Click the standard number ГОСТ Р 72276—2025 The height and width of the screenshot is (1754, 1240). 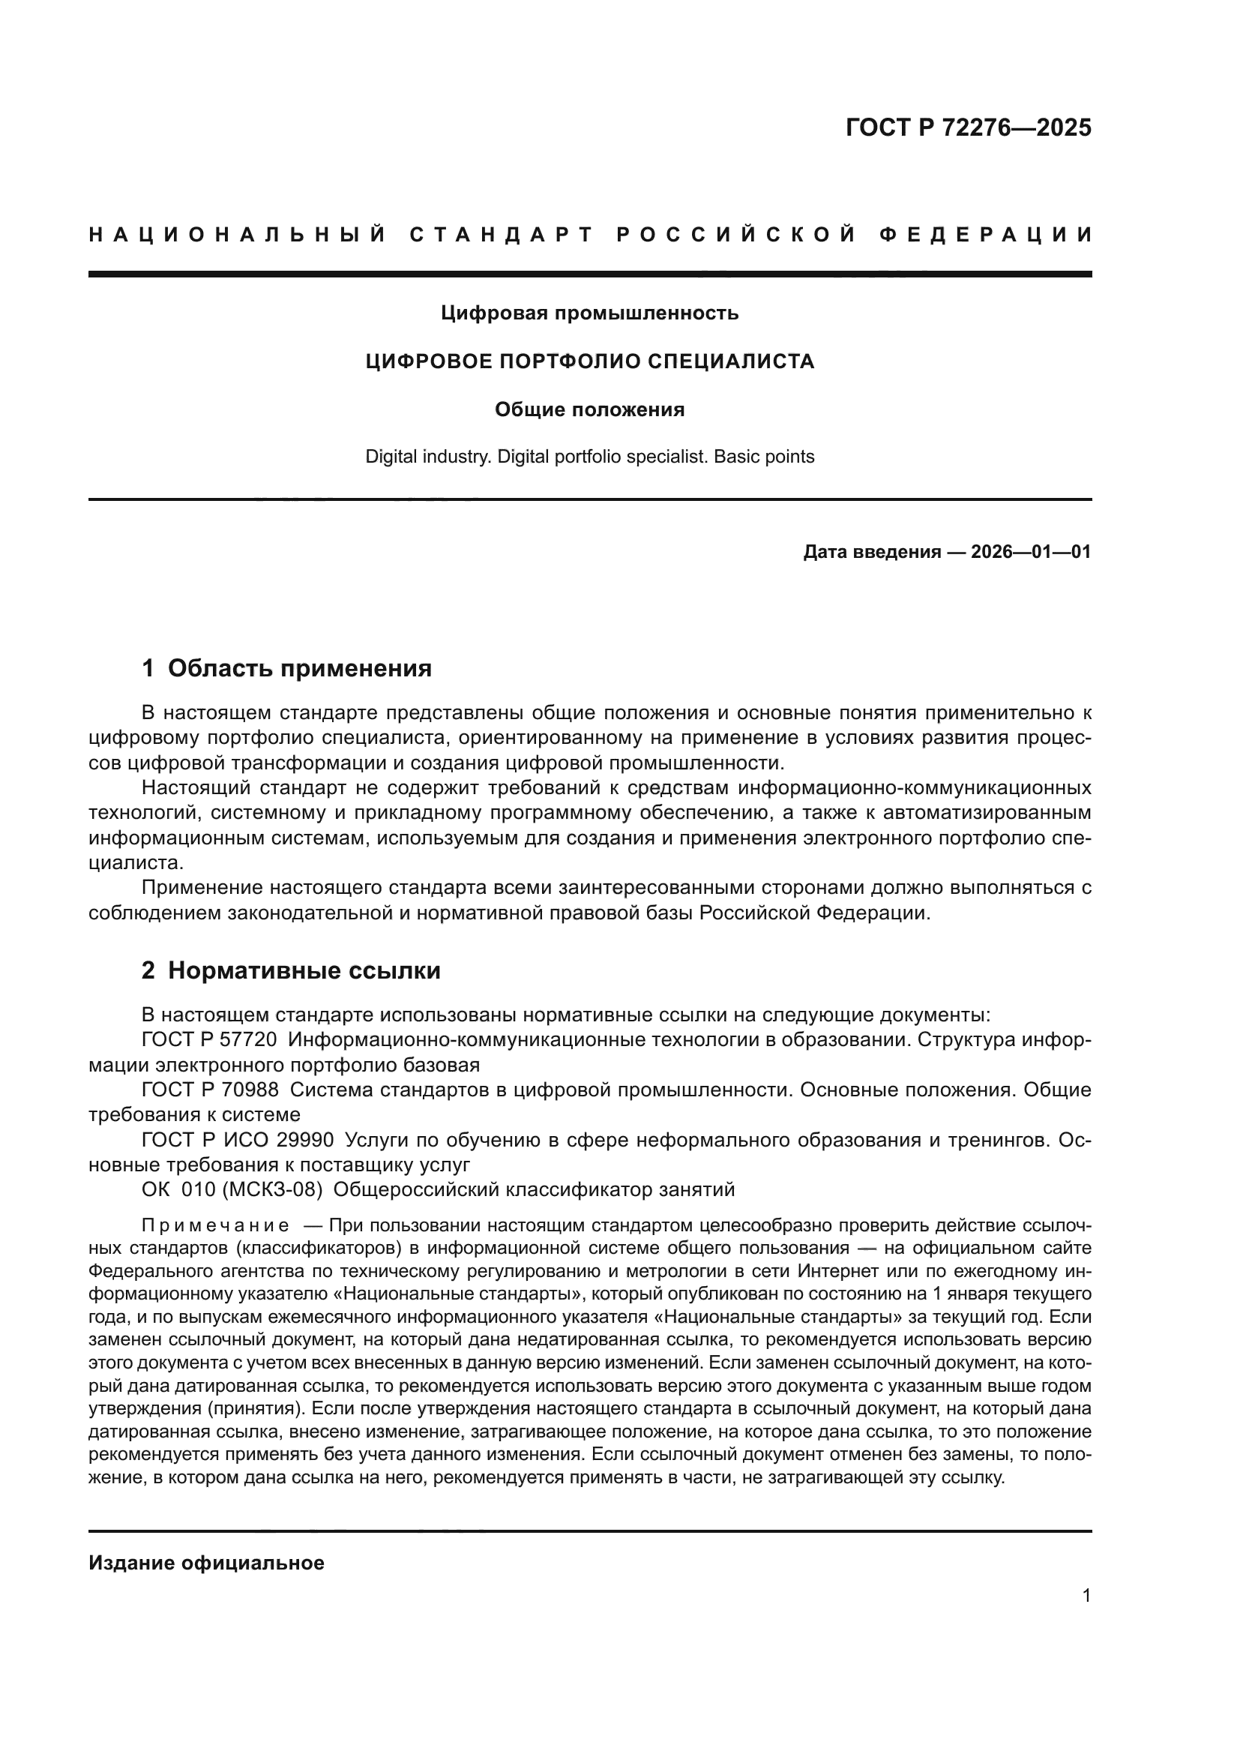pyautogui.click(x=968, y=127)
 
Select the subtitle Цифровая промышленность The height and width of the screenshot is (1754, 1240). pyautogui.click(x=589, y=313)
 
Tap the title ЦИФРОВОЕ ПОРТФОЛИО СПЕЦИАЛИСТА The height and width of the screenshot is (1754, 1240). pyautogui.click(x=589, y=361)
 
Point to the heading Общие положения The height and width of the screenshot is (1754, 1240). pyautogui.click(x=589, y=410)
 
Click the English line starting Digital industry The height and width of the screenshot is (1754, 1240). pyautogui.click(x=589, y=457)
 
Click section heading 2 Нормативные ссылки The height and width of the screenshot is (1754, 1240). pyautogui.click(x=291, y=971)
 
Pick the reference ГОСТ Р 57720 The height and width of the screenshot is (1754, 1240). pyautogui.click(x=209, y=1041)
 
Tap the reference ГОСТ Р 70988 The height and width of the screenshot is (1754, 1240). pyautogui.click(x=209, y=1090)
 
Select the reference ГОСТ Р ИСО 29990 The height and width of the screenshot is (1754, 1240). pyautogui.click(x=238, y=1141)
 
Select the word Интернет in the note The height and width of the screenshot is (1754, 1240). pyautogui.click(x=834, y=1271)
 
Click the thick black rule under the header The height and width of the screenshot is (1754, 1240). pyautogui.click(x=589, y=274)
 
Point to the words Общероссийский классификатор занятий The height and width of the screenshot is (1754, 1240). pyautogui.click(x=534, y=1189)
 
